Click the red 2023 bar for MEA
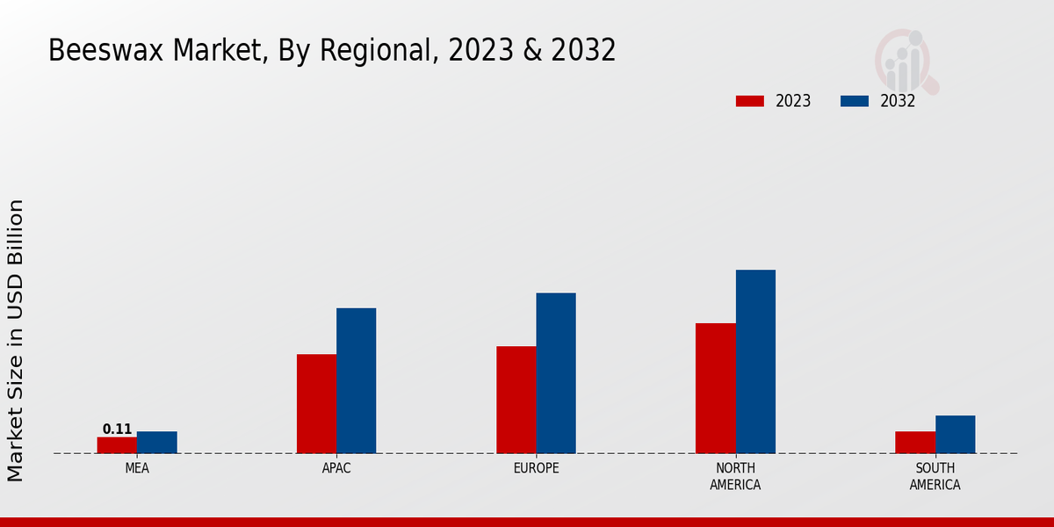(x=117, y=445)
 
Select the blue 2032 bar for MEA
(x=156, y=443)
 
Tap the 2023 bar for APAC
(x=316, y=404)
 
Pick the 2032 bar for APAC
(x=356, y=380)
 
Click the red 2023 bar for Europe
(x=516, y=400)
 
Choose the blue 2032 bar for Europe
(x=556, y=373)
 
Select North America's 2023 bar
(x=715, y=388)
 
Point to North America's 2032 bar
(x=755, y=362)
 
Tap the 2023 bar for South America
(x=914, y=443)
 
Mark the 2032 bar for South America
(x=955, y=435)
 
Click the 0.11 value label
(x=117, y=430)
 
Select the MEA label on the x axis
(x=137, y=468)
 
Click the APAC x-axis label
(x=336, y=468)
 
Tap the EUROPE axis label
(x=536, y=468)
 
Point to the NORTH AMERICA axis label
(x=735, y=476)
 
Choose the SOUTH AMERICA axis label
(x=935, y=476)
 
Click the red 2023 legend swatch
(x=749, y=101)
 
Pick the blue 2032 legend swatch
(x=854, y=101)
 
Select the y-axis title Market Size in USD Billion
(x=16, y=341)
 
